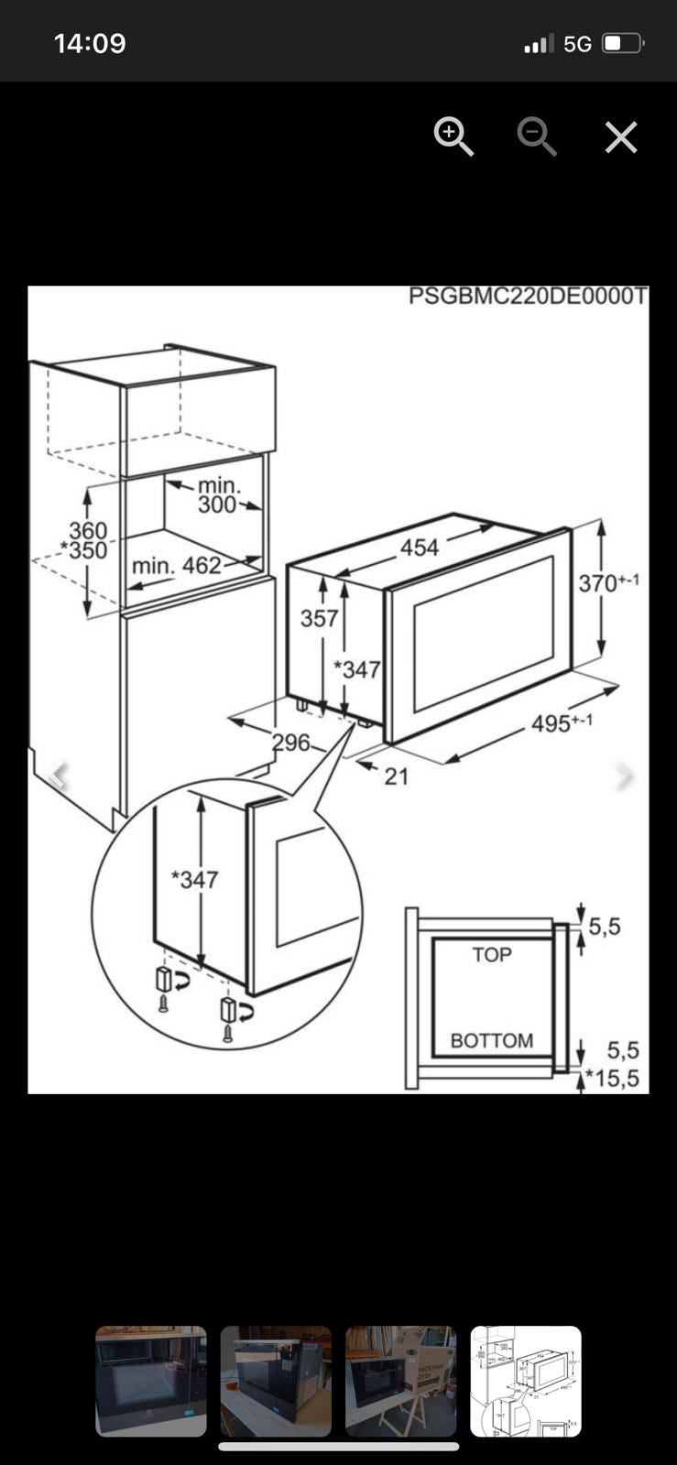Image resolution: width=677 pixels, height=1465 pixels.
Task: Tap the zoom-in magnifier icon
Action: tap(453, 137)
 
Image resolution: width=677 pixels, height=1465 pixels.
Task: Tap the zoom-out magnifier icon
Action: tap(536, 137)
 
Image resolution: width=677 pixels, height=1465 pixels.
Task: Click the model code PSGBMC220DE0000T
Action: tap(528, 297)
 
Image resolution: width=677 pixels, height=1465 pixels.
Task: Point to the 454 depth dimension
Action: tap(420, 548)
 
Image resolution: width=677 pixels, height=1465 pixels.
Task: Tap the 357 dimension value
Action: tap(319, 618)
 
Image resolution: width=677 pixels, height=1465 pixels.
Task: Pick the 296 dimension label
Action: tap(291, 742)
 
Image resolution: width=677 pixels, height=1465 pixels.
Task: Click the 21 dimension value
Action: tap(396, 776)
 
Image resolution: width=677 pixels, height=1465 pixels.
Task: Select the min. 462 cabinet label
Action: tap(176, 566)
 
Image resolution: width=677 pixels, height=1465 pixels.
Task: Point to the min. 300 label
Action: tap(218, 494)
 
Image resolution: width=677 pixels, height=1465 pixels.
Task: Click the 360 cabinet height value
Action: tap(88, 530)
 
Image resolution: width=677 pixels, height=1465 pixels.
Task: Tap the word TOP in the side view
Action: tap(492, 955)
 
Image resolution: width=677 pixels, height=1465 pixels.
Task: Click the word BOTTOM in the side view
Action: tap(491, 1041)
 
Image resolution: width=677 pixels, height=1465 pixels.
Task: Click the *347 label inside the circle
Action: tap(194, 880)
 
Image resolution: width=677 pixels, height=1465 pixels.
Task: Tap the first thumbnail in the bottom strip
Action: tap(151, 1381)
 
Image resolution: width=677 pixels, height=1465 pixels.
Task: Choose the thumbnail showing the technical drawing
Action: tap(526, 1381)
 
